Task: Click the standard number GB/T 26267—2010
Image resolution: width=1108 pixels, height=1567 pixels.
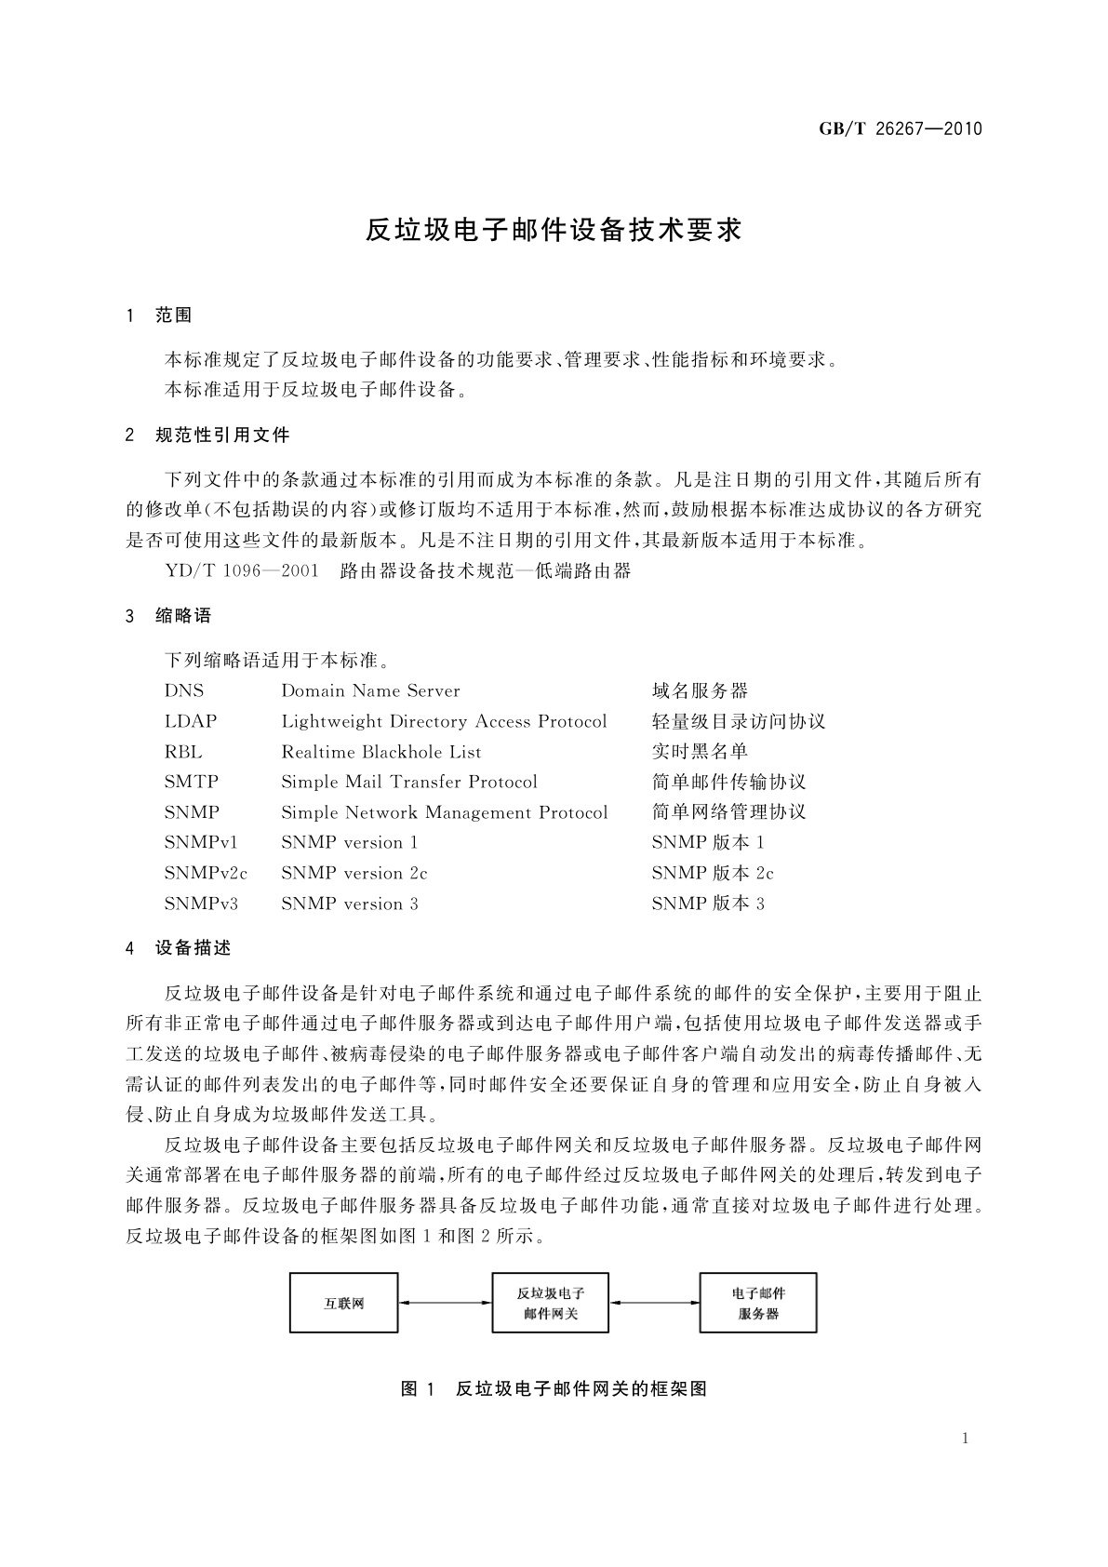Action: coord(900,129)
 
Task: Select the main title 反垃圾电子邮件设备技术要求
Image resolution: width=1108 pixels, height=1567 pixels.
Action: coord(554,231)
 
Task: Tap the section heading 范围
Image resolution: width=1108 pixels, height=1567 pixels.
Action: coord(174,315)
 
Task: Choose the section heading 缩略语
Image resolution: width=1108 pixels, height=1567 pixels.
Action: coord(184,615)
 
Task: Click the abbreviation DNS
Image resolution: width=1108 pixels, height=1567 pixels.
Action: coord(184,690)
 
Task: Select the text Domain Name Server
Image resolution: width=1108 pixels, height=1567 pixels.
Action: coord(370,690)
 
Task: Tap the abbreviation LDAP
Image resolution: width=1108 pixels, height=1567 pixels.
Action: coord(191,721)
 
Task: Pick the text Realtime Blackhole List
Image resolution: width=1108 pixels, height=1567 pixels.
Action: coord(381,752)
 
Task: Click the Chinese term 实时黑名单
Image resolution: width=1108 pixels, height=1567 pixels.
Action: coord(700,752)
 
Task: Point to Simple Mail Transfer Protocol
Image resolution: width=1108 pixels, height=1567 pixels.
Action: coord(409,782)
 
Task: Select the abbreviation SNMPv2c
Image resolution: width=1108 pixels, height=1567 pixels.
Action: coord(206,873)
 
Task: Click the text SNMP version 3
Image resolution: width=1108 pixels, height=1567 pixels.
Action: coord(350,904)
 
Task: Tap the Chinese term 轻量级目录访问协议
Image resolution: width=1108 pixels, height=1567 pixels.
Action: coord(739,721)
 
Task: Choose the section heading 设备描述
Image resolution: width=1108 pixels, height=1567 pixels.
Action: coord(194,948)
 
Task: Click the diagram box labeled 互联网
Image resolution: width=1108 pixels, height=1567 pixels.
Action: coord(344,1304)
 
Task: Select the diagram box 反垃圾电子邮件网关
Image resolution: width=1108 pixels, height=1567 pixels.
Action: coord(550,1304)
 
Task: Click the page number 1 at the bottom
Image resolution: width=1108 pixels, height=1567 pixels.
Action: coord(965,1439)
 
